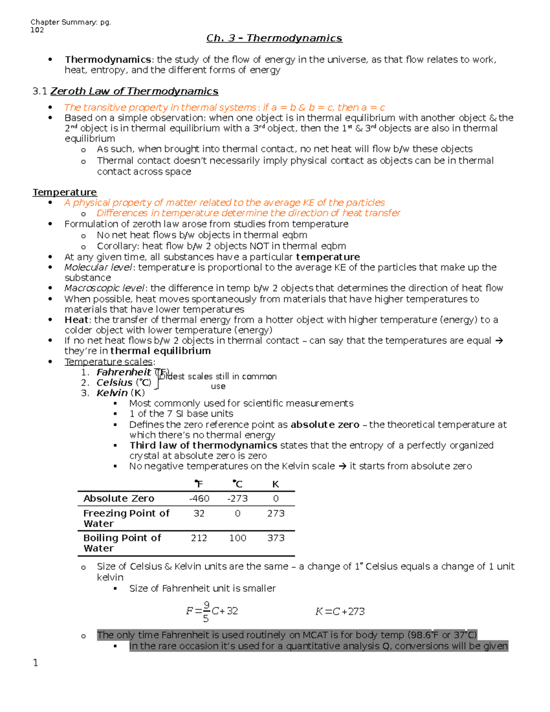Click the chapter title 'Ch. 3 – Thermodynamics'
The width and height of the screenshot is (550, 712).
point(274,38)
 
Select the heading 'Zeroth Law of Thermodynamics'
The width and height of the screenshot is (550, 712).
point(134,91)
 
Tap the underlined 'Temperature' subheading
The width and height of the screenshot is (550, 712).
point(65,192)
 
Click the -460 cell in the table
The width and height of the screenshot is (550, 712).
point(199,498)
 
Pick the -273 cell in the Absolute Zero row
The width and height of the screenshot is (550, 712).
point(237,498)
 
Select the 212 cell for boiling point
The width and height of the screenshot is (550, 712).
point(199,538)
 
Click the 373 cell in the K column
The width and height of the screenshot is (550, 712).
point(275,538)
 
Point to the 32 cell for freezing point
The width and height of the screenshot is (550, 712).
point(199,513)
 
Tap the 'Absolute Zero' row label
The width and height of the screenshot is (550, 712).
point(119,498)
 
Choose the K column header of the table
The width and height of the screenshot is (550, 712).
point(275,484)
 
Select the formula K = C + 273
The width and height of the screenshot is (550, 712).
point(340,612)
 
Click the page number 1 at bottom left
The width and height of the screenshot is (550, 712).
point(36,662)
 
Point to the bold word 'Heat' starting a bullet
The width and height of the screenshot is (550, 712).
point(76,320)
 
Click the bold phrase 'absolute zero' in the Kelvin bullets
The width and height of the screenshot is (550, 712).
point(324,425)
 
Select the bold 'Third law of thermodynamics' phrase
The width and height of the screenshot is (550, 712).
point(203,445)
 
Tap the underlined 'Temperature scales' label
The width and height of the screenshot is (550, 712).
point(109,362)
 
